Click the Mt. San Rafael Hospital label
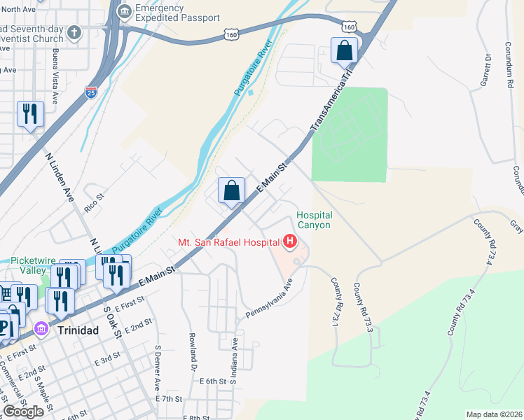(229, 243)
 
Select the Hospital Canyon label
(314, 220)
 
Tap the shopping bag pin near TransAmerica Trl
(344, 50)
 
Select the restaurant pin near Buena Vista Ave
(30, 114)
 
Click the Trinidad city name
(74, 329)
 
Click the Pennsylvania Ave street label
(268, 299)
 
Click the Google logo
(24, 412)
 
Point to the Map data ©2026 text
(493, 414)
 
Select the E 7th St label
(168, 398)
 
